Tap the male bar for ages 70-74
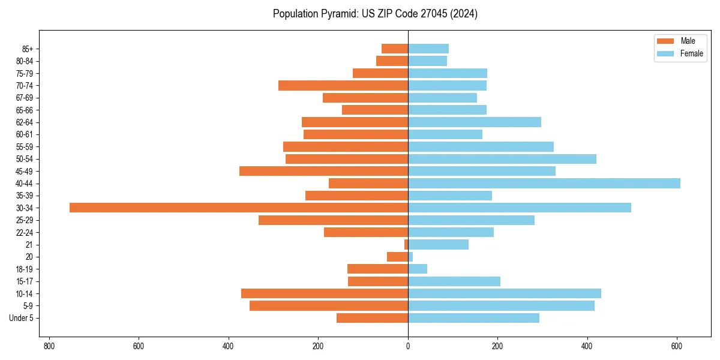pyautogui.click(x=343, y=85)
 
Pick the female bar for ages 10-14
pyautogui.click(x=505, y=293)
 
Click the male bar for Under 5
pyautogui.click(x=372, y=318)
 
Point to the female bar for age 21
pyautogui.click(x=438, y=244)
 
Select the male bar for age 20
pyautogui.click(x=397, y=257)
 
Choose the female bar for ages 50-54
pyautogui.click(x=502, y=159)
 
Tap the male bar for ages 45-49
pyautogui.click(x=323, y=171)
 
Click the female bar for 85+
pyautogui.click(x=428, y=49)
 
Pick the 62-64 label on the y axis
pyautogui.click(x=25, y=122)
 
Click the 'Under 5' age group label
pyautogui.click(x=21, y=318)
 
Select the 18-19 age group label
pyautogui.click(x=25, y=269)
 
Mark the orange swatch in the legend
pyautogui.click(x=665, y=41)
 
